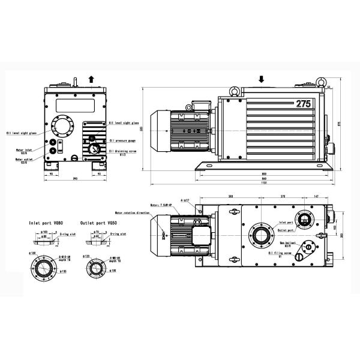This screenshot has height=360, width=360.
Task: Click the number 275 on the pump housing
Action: click(x=303, y=104)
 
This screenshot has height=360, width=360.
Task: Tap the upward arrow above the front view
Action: click(x=91, y=78)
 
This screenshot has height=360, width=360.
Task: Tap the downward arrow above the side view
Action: click(x=262, y=79)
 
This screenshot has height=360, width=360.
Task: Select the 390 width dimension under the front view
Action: click(x=74, y=179)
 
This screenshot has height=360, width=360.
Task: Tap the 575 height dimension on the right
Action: click(x=339, y=124)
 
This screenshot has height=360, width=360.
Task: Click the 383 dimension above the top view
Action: click(x=232, y=196)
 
